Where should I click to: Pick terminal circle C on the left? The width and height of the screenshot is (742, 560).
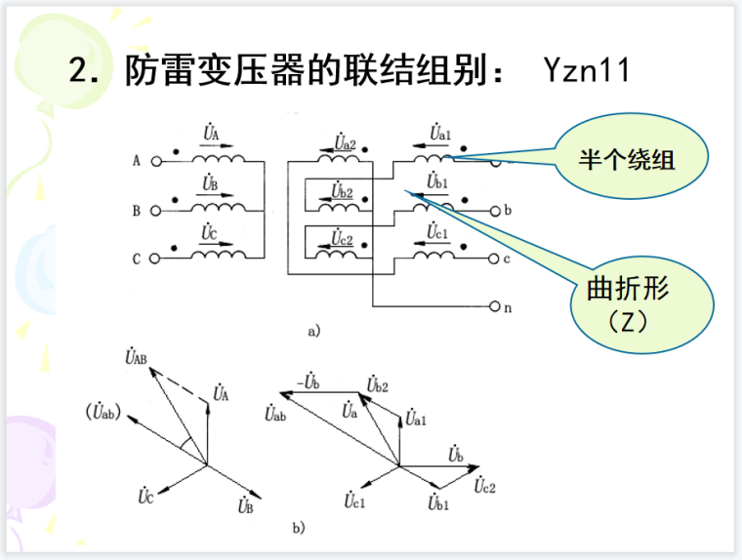[153, 259]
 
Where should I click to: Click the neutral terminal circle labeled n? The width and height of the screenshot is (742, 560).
[494, 306]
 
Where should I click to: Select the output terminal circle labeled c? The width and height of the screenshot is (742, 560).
[494, 259]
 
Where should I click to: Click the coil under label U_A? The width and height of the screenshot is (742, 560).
[218, 158]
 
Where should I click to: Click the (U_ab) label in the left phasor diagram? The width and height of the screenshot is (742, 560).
[103, 410]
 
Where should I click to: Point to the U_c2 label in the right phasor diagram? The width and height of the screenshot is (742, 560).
[485, 485]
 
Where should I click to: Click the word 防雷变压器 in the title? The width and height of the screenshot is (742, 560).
[221, 70]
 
